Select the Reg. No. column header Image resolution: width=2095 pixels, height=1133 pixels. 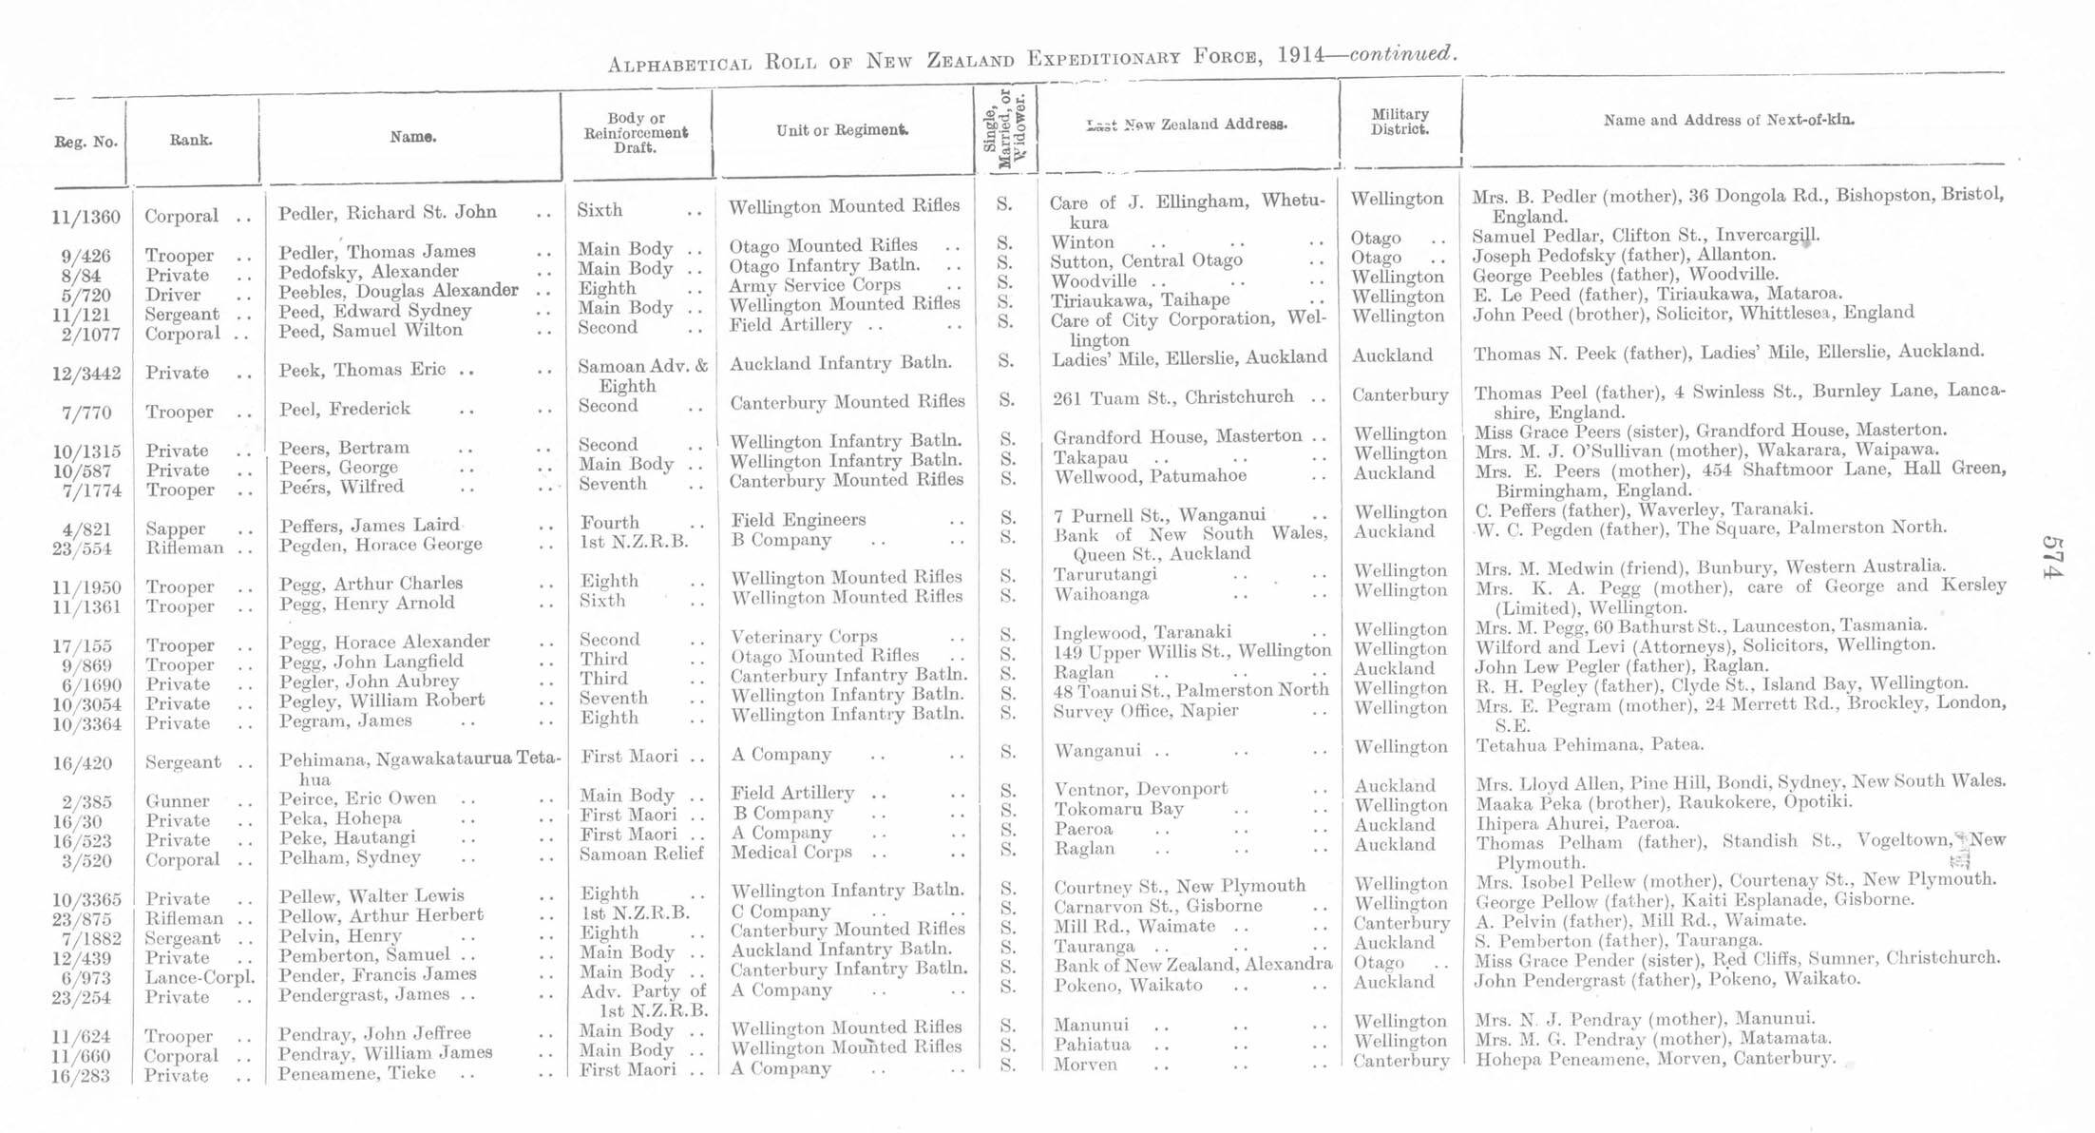pyautogui.click(x=86, y=143)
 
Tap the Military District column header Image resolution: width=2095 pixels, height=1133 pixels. pyautogui.click(x=1400, y=122)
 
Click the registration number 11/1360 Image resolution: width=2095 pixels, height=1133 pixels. pyautogui.click(x=86, y=218)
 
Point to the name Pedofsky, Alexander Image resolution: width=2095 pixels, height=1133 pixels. pyautogui.click(x=369, y=272)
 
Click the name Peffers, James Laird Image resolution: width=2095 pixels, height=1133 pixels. pyautogui.click(x=370, y=526)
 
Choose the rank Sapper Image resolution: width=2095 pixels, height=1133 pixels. pyautogui.click(x=176, y=529)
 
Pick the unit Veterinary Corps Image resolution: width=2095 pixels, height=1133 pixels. pyautogui.click(x=804, y=637)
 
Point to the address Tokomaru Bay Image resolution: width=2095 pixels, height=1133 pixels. pyautogui.click(x=1118, y=810)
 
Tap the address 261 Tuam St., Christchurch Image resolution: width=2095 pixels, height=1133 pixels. pyautogui.click(x=1172, y=397)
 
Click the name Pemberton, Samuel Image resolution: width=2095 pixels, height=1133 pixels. pyautogui.click(x=365, y=954)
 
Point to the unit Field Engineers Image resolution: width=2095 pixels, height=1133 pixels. pyautogui.click(x=798, y=520)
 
